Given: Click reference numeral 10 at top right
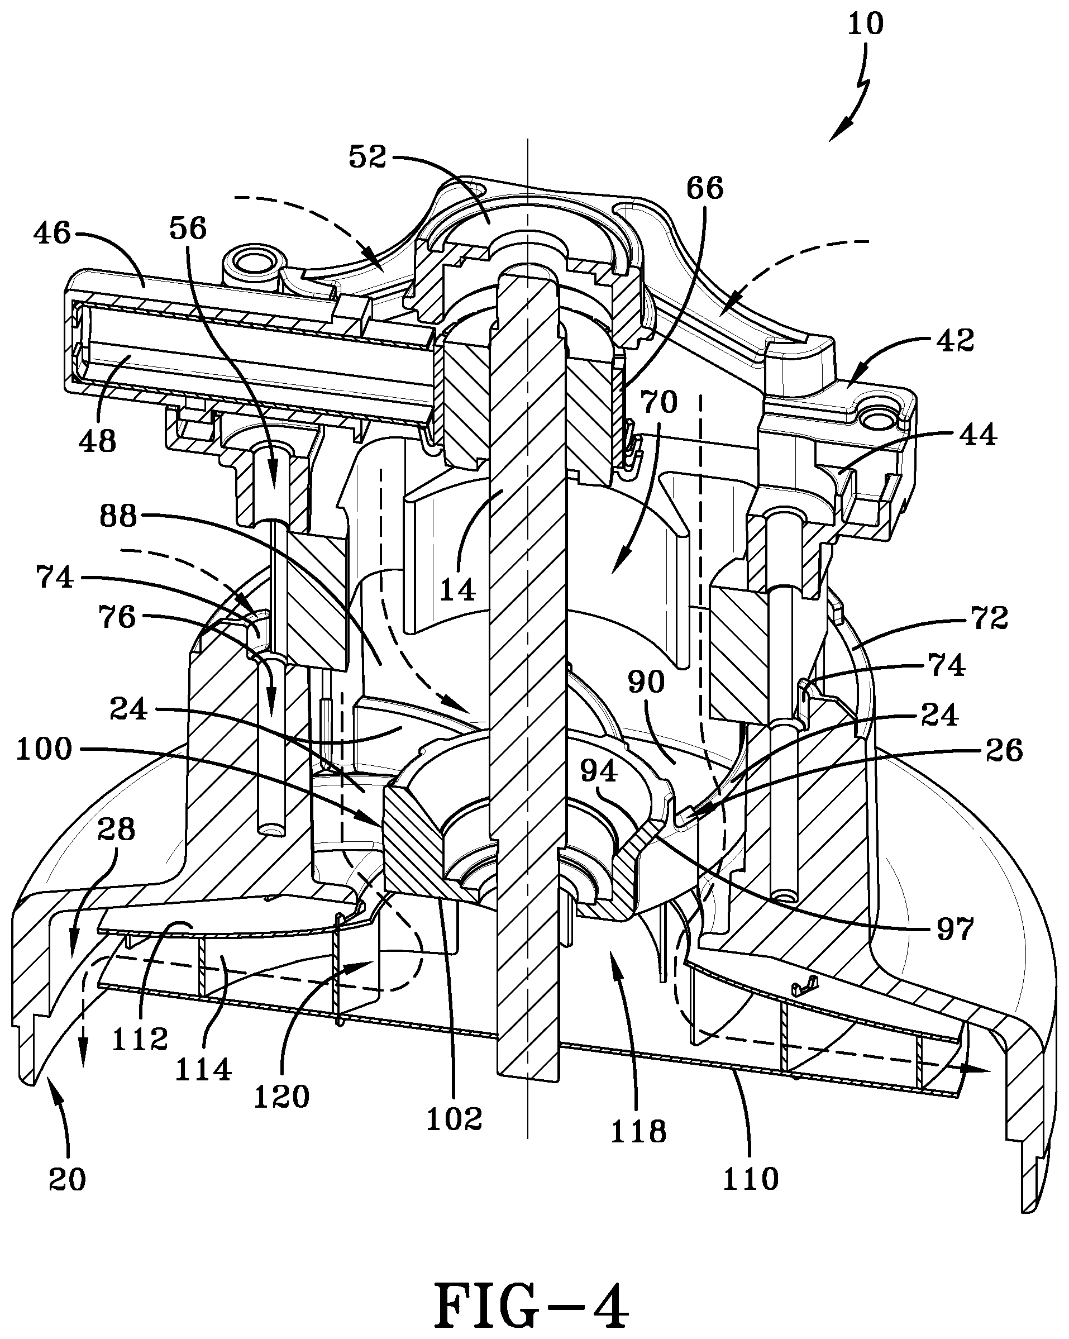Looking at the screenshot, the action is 865,23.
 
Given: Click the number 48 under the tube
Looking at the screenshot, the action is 98,441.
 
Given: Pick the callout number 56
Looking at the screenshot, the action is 188,228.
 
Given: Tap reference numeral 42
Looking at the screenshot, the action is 956,341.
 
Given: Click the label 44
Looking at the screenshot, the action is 978,435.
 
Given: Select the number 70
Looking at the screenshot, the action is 658,402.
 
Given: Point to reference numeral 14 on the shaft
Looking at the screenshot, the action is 457,589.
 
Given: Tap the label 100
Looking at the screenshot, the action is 44,750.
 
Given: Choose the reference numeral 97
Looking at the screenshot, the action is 955,930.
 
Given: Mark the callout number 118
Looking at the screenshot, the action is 639,1132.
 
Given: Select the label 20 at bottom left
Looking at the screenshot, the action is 67,1180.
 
